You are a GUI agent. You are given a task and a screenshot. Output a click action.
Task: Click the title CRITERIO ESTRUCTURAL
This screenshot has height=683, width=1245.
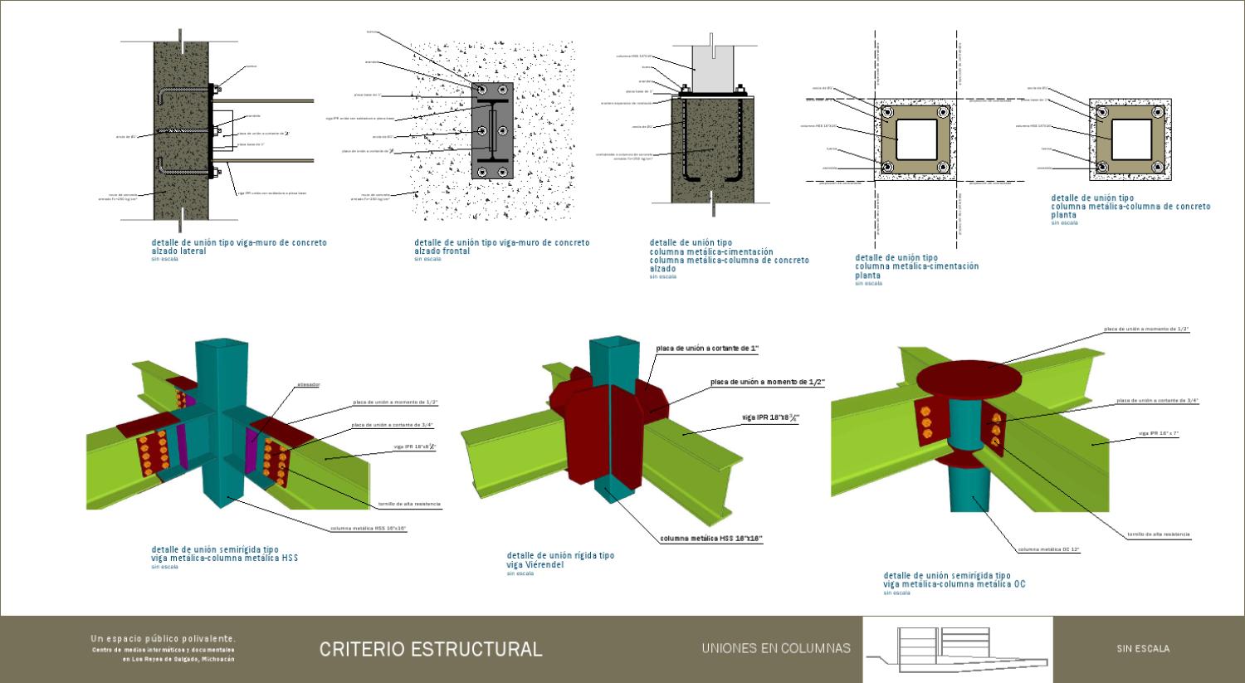[x=431, y=649]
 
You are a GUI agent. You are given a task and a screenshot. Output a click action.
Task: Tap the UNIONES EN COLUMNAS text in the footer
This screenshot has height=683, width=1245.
[x=775, y=648]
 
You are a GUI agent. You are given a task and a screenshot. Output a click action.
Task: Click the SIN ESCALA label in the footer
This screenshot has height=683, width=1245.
[x=1143, y=649]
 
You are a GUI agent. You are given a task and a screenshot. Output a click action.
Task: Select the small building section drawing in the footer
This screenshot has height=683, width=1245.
[x=957, y=649]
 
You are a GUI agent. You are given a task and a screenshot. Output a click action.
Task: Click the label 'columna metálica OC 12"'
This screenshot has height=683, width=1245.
[x=1049, y=549]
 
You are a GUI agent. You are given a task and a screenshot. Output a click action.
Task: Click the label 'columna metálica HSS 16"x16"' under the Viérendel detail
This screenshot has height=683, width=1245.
[x=711, y=539]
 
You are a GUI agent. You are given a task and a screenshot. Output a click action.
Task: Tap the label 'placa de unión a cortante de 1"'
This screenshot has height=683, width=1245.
[x=707, y=349]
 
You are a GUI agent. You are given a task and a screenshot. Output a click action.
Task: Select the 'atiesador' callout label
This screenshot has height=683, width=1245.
[x=308, y=384]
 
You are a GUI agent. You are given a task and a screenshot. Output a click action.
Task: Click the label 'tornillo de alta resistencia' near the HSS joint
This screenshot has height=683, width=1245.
[x=409, y=505]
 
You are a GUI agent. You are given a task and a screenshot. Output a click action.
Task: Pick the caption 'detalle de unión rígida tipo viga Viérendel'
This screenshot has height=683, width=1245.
[x=560, y=560]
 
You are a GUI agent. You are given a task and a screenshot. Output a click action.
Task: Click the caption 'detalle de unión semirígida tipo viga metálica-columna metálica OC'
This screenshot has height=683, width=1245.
[x=954, y=579]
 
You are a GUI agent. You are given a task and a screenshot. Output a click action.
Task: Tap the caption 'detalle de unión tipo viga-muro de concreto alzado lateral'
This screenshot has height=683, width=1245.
[x=239, y=246]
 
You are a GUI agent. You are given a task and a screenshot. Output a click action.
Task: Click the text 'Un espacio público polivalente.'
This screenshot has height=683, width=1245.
[x=164, y=638]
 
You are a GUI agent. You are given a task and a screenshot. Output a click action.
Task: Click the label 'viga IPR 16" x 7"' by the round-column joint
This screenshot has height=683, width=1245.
[x=1159, y=434]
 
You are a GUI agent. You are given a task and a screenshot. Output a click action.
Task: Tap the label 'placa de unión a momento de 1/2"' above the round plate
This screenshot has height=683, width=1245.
[x=1145, y=329]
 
